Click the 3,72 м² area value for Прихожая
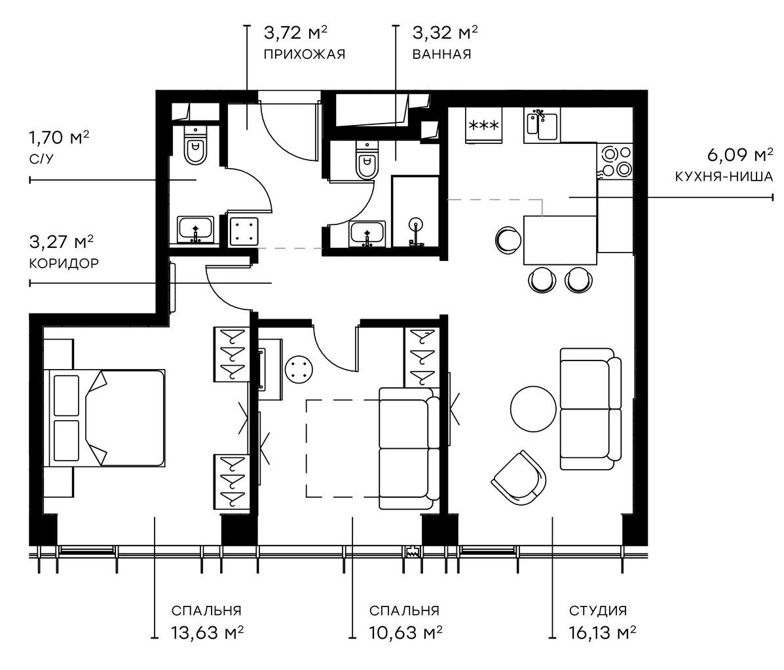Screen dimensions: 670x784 click(295, 32)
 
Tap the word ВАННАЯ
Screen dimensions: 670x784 click(441, 54)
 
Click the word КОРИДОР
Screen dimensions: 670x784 click(64, 263)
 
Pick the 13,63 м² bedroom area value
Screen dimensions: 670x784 click(208, 633)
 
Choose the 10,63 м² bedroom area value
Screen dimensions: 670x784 click(405, 633)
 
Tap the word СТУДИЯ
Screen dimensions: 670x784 click(597, 611)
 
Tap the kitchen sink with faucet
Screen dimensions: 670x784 click(542, 125)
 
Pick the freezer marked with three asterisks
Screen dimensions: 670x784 click(483, 124)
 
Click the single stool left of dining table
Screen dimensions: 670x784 click(506, 238)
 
